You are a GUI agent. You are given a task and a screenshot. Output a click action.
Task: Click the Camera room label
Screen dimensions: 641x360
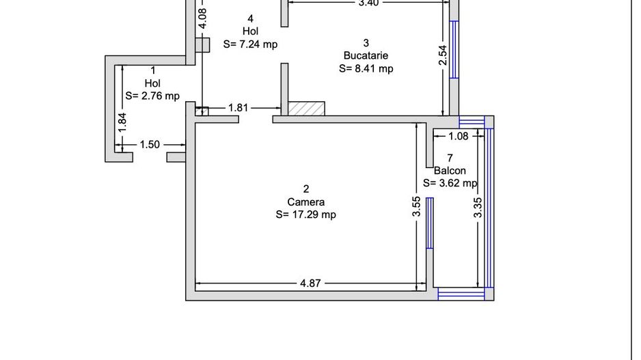tap(306, 202)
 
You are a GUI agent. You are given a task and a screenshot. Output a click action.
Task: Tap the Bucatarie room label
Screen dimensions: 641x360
tap(366, 55)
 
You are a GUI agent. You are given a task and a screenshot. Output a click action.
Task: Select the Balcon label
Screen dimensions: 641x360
tap(450, 170)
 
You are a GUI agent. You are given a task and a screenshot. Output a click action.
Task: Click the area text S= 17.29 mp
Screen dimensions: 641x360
tap(306, 214)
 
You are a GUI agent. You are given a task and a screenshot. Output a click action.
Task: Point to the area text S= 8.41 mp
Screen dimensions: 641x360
tap(366, 68)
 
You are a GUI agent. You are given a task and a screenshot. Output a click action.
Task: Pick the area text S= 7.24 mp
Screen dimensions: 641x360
tap(250, 44)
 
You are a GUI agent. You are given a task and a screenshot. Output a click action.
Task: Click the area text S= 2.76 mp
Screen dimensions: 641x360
tap(152, 96)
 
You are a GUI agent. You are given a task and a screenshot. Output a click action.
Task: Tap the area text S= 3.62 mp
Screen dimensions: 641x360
tap(450, 183)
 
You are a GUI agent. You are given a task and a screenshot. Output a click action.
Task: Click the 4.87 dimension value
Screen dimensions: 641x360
tap(310, 283)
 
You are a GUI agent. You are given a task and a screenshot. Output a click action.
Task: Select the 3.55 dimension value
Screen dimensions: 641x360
tap(416, 207)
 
